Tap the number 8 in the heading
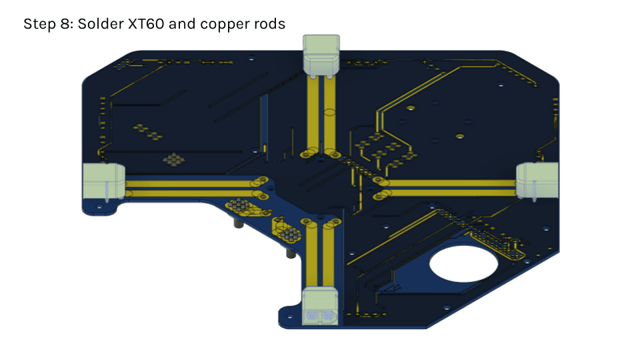pos(65,24)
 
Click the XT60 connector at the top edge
pos(321,56)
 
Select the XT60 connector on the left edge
pos(104,181)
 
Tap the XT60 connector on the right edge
pos(537,181)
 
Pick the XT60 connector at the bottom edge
pos(320,306)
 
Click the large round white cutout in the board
pos(463,264)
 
